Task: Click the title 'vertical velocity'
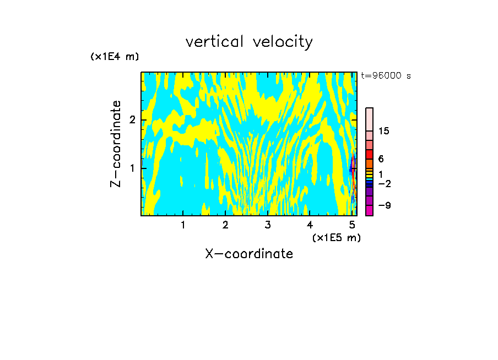tap(249, 42)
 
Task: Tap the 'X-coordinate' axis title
tap(249, 254)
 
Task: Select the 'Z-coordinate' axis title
tap(116, 144)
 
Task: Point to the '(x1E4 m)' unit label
tap(115, 57)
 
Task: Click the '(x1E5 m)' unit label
tap(336, 237)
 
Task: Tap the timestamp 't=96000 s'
tap(386, 76)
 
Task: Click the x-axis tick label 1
tap(183, 225)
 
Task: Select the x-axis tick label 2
tap(225, 225)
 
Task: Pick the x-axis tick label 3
tap(268, 225)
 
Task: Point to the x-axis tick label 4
tap(310, 225)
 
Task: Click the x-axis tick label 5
tap(353, 225)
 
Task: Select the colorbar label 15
tap(384, 131)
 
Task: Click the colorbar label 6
tap(381, 159)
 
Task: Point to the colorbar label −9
tap(384, 206)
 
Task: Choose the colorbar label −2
tap(384, 183)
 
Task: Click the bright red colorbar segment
tap(369, 154)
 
